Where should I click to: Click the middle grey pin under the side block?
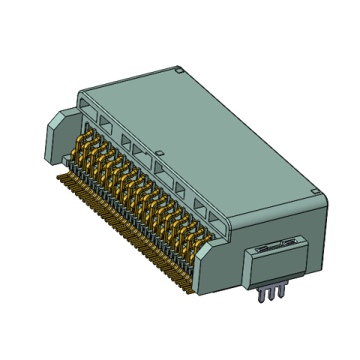point(271,294)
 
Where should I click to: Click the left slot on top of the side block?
point(262,246)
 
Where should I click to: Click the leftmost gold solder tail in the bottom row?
point(60,177)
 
